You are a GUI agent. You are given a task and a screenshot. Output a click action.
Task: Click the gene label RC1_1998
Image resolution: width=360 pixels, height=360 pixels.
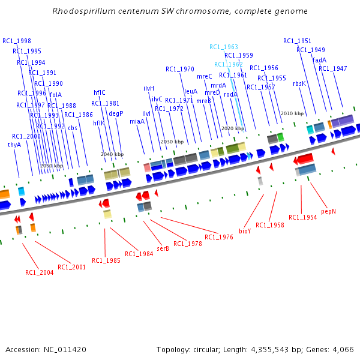coord(17,41)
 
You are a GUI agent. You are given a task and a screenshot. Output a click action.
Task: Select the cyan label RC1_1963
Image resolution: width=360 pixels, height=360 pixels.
coord(224,47)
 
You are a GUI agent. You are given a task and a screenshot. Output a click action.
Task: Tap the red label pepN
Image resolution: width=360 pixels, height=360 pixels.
coord(329,211)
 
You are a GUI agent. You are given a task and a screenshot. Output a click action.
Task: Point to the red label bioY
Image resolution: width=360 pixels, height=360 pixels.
coord(245,230)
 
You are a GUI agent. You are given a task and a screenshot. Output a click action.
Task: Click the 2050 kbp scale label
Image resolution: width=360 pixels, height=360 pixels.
coord(51,166)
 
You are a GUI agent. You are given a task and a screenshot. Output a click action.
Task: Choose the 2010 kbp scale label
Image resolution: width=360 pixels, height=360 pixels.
coord(292,113)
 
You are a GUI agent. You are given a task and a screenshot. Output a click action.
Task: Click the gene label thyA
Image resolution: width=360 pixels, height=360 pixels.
coord(14,145)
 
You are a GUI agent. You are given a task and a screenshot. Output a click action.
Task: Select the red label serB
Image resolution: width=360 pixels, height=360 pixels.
coord(163,248)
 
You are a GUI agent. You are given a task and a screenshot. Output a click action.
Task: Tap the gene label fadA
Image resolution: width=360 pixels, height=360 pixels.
coord(320,59)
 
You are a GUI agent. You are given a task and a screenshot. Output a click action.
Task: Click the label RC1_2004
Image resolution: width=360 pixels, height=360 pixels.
coord(39,272)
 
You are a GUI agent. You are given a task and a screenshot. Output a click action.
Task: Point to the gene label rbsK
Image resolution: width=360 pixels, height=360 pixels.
coord(299,83)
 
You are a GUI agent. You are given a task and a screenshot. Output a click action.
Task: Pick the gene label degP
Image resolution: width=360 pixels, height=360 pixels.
coord(116,113)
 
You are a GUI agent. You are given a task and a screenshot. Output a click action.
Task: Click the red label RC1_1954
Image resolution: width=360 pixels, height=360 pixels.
coord(302,217)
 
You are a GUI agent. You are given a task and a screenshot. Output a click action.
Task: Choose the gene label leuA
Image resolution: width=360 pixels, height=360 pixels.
coord(190,91)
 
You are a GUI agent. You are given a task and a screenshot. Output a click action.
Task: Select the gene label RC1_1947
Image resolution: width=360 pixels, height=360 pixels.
coord(332,68)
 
